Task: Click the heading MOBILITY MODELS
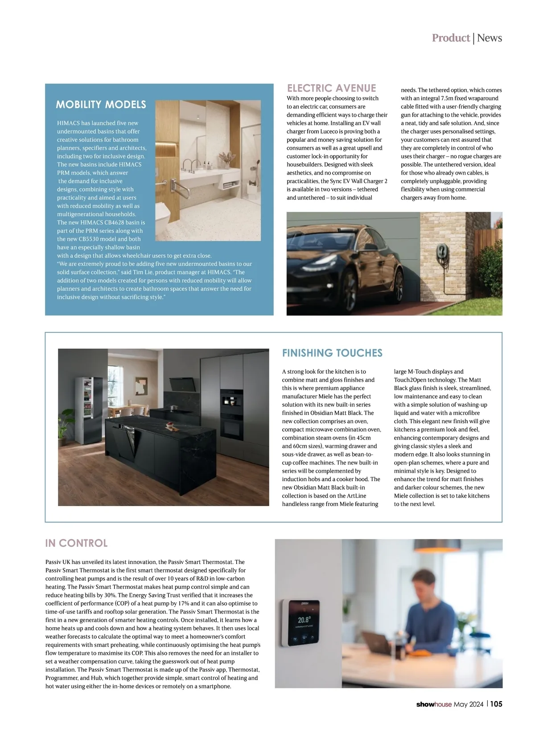101,105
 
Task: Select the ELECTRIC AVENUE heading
331,88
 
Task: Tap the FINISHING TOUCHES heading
332,353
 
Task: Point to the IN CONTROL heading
76,543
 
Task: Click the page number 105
496,704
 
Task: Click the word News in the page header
490,38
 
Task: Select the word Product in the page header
451,38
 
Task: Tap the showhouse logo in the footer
434,704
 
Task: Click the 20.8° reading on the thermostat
304,620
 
